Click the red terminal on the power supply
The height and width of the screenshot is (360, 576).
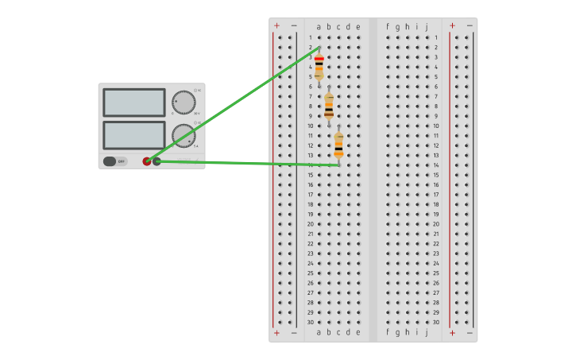click(147, 161)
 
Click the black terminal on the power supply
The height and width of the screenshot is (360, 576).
click(157, 161)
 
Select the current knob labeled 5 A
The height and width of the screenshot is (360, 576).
click(184, 135)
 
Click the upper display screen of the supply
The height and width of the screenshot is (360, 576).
click(133, 103)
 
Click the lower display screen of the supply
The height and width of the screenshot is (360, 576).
click(133, 134)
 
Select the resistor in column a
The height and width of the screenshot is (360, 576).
click(319, 67)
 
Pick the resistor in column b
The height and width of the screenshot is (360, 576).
click(329, 106)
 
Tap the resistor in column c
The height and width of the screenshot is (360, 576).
click(338, 145)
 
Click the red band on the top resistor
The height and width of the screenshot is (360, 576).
click(319, 59)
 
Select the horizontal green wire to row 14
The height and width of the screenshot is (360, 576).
click(246, 163)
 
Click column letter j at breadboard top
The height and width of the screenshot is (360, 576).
click(427, 26)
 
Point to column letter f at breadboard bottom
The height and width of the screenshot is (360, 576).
click(388, 332)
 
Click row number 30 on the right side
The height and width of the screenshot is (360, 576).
click(436, 322)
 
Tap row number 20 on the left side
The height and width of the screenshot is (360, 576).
click(311, 224)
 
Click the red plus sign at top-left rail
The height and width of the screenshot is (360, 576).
click(276, 25)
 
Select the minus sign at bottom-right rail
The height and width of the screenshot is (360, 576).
click(470, 333)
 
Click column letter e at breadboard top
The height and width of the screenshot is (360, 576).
click(358, 26)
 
